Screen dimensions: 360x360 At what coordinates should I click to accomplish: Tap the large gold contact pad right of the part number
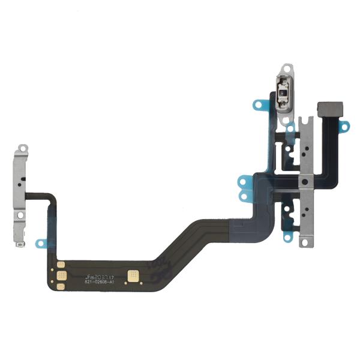tap(132, 276)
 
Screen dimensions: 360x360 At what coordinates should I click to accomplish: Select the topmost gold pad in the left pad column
tap(61, 264)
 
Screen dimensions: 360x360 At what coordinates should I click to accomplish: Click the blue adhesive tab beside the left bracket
tap(41, 243)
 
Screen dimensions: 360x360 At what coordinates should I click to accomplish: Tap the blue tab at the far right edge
tap(344, 126)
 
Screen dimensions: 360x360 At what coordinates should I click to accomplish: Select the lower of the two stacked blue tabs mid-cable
tap(244, 195)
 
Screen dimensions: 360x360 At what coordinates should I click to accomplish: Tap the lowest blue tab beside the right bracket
tap(288, 238)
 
